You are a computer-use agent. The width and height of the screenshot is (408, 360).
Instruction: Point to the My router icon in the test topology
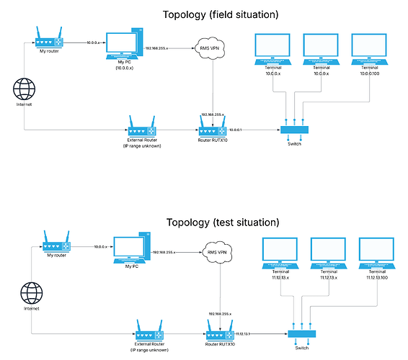coord(55,240)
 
